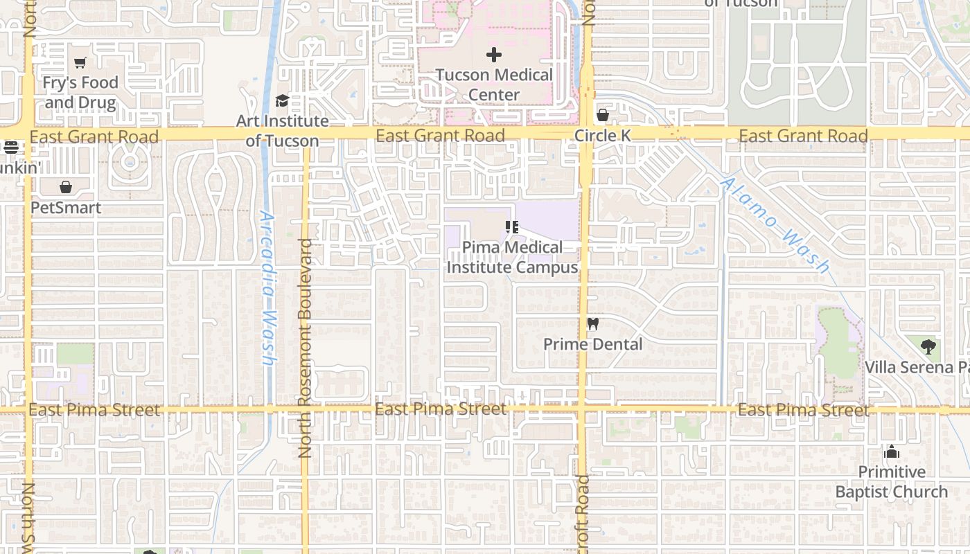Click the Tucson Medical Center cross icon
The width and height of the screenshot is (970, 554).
[494, 55]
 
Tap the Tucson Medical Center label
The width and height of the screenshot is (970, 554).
[494, 84]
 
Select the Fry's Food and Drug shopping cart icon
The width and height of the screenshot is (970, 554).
[80, 63]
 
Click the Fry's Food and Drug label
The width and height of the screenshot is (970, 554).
[80, 93]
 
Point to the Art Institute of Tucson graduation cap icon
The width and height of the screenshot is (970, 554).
[282, 101]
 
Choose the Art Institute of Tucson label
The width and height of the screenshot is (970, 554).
[283, 131]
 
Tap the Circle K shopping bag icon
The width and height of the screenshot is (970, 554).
[603, 115]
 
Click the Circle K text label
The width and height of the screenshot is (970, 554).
[603, 136]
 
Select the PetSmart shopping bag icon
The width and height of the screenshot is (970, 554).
[66, 187]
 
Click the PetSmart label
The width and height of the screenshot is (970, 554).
[66, 208]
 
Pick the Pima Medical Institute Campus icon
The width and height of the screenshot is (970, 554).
[512, 226]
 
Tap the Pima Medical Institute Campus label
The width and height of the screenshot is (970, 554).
[512, 257]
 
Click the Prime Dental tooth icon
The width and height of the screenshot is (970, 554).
[592, 323]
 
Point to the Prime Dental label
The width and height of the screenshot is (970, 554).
[592, 344]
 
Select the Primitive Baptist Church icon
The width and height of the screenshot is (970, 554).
[891, 452]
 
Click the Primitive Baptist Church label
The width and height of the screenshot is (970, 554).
[891, 482]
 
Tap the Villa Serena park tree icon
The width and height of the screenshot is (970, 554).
[928, 346]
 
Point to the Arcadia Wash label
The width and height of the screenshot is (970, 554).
[268, 287]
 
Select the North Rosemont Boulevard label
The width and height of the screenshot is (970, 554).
[305, 348]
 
